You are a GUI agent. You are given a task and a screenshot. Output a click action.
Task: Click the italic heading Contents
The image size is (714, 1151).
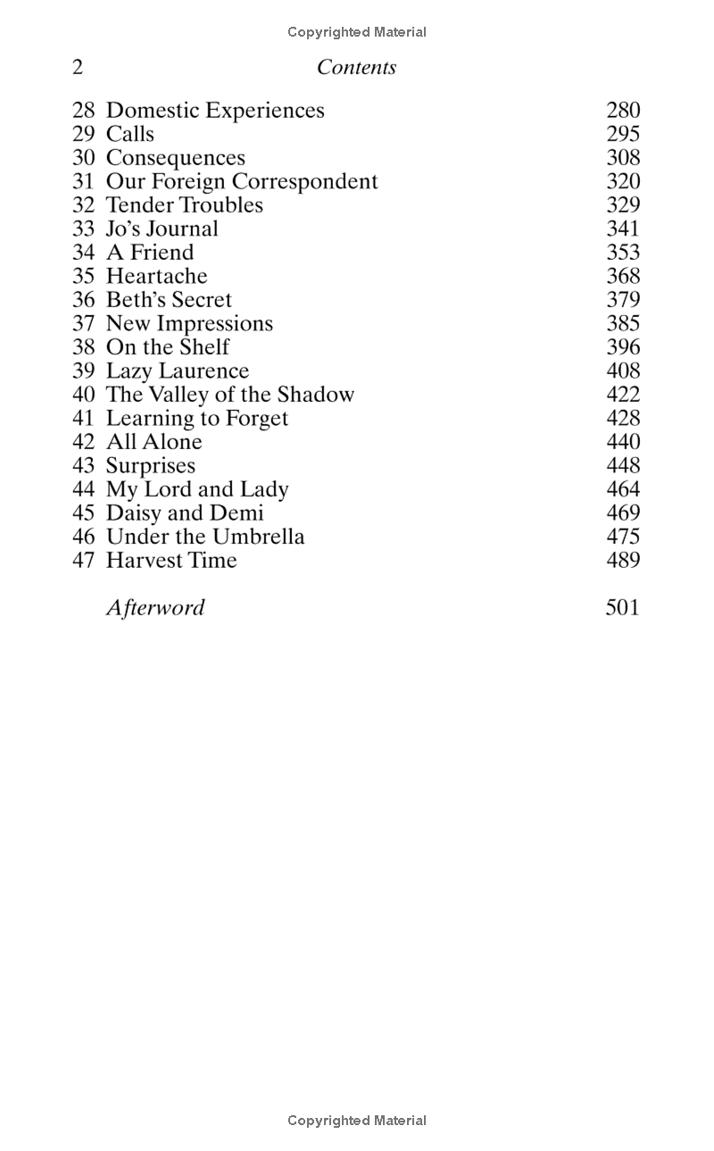tap(356, 67)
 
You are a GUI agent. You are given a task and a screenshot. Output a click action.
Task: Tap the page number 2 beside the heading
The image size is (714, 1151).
tap(78, 67)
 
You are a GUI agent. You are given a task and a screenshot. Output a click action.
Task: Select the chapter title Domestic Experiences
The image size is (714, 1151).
tap(215, 111)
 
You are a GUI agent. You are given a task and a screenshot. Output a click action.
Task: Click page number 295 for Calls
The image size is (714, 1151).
tap(623, 134)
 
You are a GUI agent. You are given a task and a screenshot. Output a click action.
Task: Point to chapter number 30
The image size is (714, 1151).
tap(83, 158)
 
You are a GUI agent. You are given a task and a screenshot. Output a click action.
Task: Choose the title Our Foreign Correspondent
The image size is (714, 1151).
tap(242, 181)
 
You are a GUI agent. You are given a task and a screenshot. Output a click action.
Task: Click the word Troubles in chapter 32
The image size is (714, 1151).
tap(221, 205)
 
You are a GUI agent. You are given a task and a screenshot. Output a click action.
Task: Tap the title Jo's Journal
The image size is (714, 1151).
tap(162, 229)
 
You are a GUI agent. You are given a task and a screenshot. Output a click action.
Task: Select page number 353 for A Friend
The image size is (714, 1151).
tap(623, 253)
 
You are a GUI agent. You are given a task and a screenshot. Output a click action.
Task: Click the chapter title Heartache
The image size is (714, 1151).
tap(156, 276)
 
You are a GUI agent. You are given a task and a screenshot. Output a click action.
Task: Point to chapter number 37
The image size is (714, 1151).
tap(83, 323)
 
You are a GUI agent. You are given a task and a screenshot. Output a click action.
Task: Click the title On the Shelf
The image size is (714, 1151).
tap(168, 347)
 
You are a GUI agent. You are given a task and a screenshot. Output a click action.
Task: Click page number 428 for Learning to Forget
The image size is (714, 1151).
tap(623, 418)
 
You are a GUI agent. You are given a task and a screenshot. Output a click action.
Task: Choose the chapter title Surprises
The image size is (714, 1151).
tap(150, 465)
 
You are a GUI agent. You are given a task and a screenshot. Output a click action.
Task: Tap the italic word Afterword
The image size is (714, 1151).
tap(155, 607)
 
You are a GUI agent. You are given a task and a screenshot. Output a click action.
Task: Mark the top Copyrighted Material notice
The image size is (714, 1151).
tap(357, 32)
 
